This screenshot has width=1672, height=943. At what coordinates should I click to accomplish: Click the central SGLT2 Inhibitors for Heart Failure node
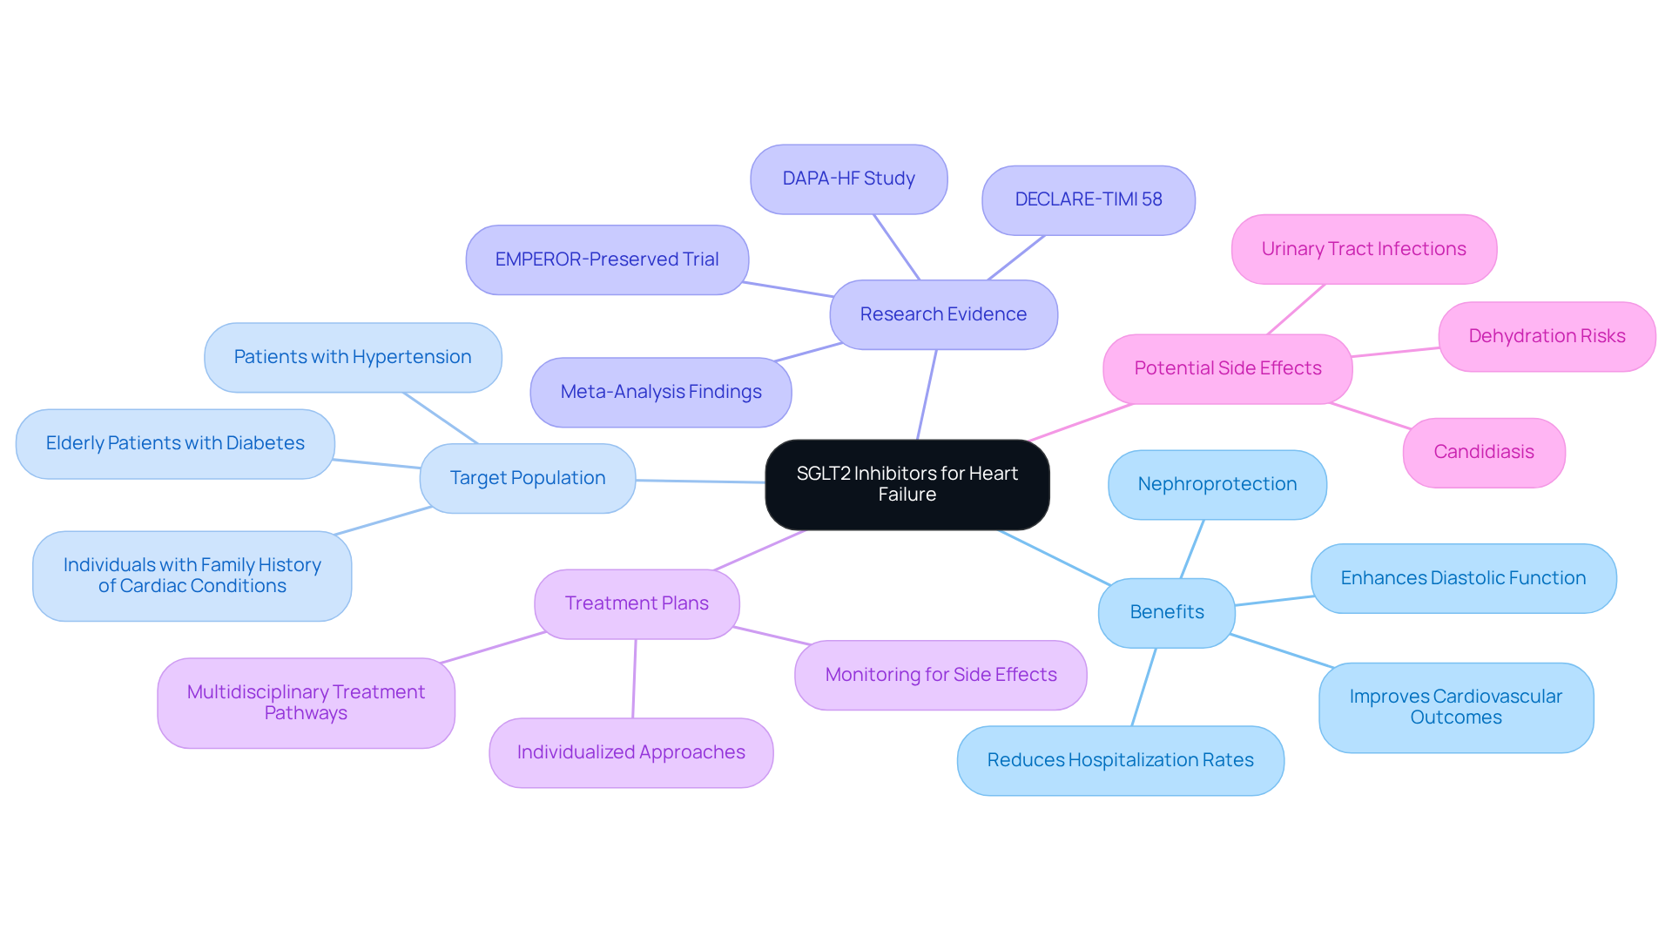pos(907,484)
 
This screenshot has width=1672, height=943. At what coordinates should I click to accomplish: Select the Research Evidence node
pos(943,314)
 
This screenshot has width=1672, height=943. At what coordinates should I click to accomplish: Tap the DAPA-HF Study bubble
pos(848,178)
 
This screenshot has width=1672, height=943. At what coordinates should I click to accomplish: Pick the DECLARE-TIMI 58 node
pos(1088,199)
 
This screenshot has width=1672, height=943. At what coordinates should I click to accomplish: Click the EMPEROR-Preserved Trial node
pos(606,259)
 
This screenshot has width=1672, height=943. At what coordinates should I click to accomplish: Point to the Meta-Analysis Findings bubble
pos(660,392)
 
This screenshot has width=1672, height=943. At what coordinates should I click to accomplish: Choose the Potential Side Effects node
pos(1227,368)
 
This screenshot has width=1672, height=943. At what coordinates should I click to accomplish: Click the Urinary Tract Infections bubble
pos(1363,249)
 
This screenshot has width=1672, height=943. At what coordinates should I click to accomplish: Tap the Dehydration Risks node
pos(1546,336)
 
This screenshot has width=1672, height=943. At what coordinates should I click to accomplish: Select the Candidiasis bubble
pos(1483,452)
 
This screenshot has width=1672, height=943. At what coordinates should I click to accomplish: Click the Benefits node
pos(1166,612)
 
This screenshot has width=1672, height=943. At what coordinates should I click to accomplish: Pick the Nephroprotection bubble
pos(1217,484)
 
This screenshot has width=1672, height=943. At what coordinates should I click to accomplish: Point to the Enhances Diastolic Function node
pos(1462,578)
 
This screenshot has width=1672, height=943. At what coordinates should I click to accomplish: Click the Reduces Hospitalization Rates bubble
pos(1120,760)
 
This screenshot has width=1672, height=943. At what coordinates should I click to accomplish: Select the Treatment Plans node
pos(637,603)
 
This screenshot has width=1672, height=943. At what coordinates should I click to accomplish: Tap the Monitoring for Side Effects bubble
pos(940,675)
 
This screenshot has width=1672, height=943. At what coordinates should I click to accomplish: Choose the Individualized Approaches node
pos(630,752)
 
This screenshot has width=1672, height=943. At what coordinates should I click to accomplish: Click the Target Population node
pos(527,478)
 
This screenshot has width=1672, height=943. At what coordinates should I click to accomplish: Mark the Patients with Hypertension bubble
pos(352,357)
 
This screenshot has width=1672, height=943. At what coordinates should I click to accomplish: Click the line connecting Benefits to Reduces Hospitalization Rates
pos(1143,687)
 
